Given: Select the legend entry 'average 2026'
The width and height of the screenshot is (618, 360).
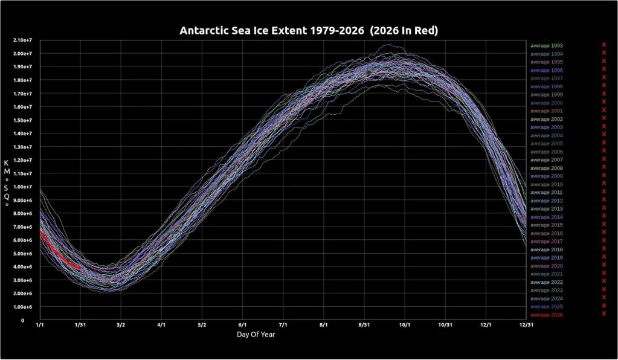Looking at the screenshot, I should (x=547, y=315).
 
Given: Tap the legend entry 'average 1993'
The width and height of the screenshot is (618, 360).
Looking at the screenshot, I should (x=547, y=45).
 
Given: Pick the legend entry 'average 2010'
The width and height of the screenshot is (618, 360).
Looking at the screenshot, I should (x=547, y=184).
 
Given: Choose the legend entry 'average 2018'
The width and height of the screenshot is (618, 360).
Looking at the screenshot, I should (x=547, y=249).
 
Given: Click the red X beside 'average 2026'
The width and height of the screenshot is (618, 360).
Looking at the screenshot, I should (x=604, y=313).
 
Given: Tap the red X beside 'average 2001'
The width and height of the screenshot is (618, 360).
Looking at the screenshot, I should (x=604, y=109).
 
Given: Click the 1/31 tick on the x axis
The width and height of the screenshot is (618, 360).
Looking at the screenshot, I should (x=80, y=325).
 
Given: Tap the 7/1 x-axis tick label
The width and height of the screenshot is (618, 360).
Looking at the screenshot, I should (x=283, y=325).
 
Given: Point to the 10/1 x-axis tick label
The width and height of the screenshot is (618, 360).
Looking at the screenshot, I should (x=405, y=325).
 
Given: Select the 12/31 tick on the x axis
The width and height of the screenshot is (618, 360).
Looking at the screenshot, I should (x=526, y=325).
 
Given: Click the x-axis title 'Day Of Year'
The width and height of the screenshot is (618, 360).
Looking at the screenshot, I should (x=256, y=333).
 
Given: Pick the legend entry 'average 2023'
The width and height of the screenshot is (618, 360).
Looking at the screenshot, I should (x=547, y=291).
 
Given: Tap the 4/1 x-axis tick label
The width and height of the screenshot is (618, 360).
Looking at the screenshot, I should (x=161, y=325).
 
